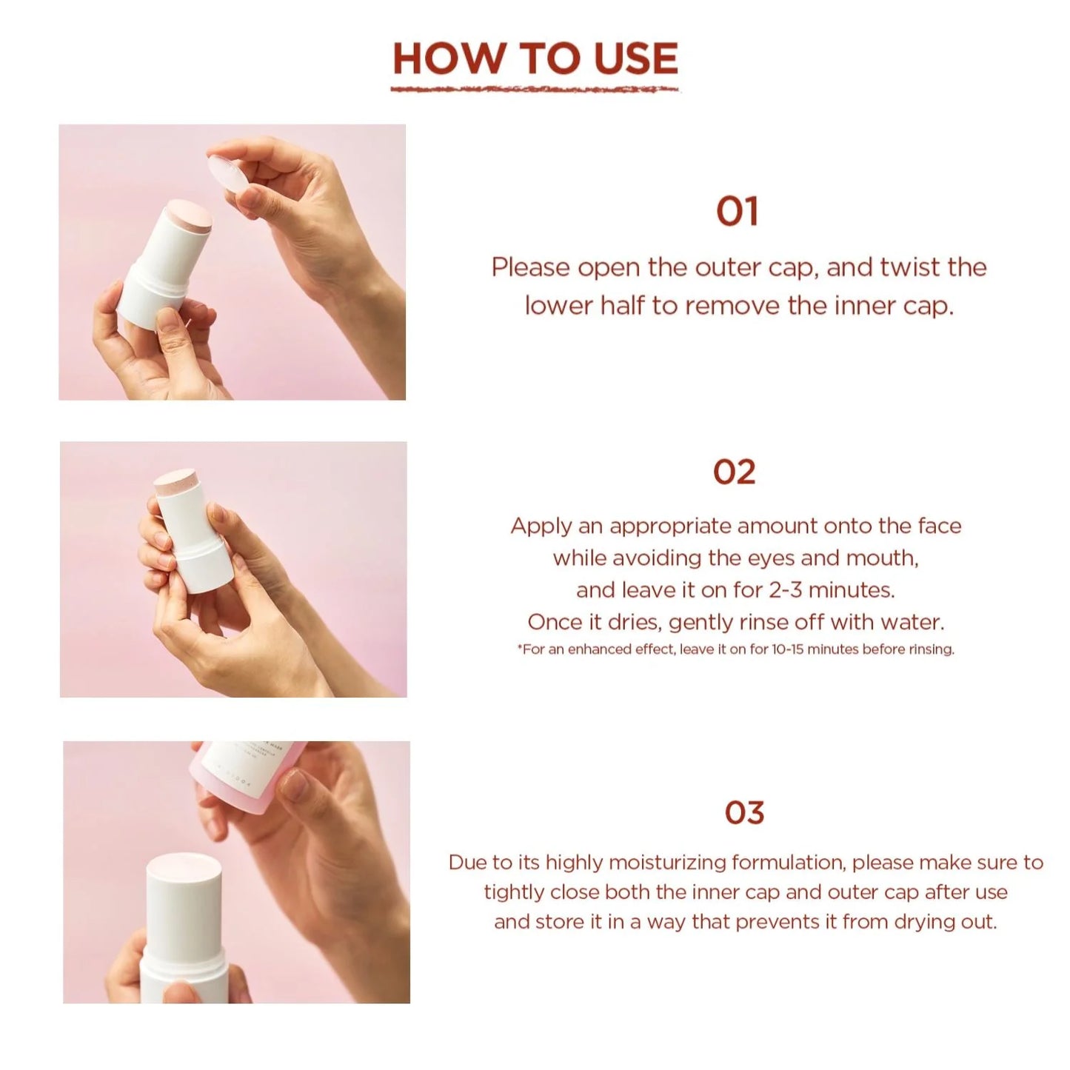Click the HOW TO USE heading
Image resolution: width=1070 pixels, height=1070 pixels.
pos(535,58)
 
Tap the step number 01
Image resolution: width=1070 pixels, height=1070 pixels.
pos(737,212)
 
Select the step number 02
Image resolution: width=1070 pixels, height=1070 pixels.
pos(734,472)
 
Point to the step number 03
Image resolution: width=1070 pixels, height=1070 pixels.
pos(743,813)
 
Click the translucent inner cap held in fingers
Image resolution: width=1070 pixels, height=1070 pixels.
pos(229,171)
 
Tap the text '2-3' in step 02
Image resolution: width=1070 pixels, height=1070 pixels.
pos(786,590)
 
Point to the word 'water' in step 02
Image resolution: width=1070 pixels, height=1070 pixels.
pos(915,622)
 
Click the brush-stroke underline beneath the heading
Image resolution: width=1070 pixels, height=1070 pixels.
pos(535,90)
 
